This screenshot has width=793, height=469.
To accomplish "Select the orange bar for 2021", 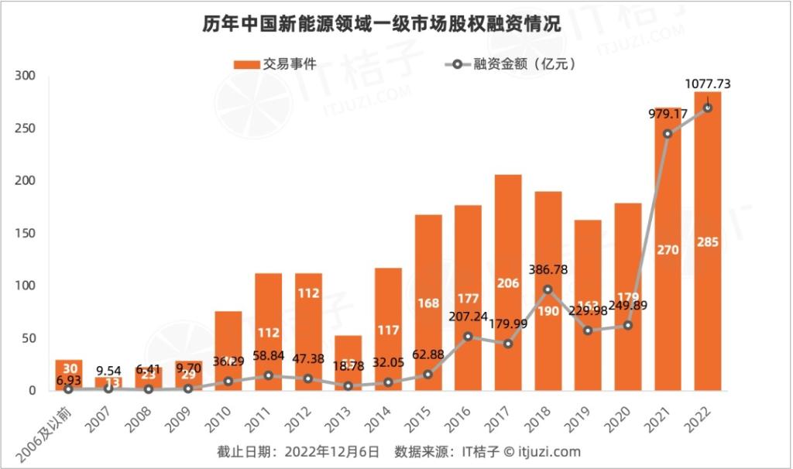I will pos(668,248).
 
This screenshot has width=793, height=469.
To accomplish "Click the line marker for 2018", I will pos(548,289).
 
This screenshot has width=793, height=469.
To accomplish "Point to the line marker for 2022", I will pos(708,108).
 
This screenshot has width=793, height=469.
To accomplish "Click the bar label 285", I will pos(708,242).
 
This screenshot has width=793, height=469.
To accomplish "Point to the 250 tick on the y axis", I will pos(26,128).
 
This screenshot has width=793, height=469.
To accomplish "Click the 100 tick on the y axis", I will pos(26,286).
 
